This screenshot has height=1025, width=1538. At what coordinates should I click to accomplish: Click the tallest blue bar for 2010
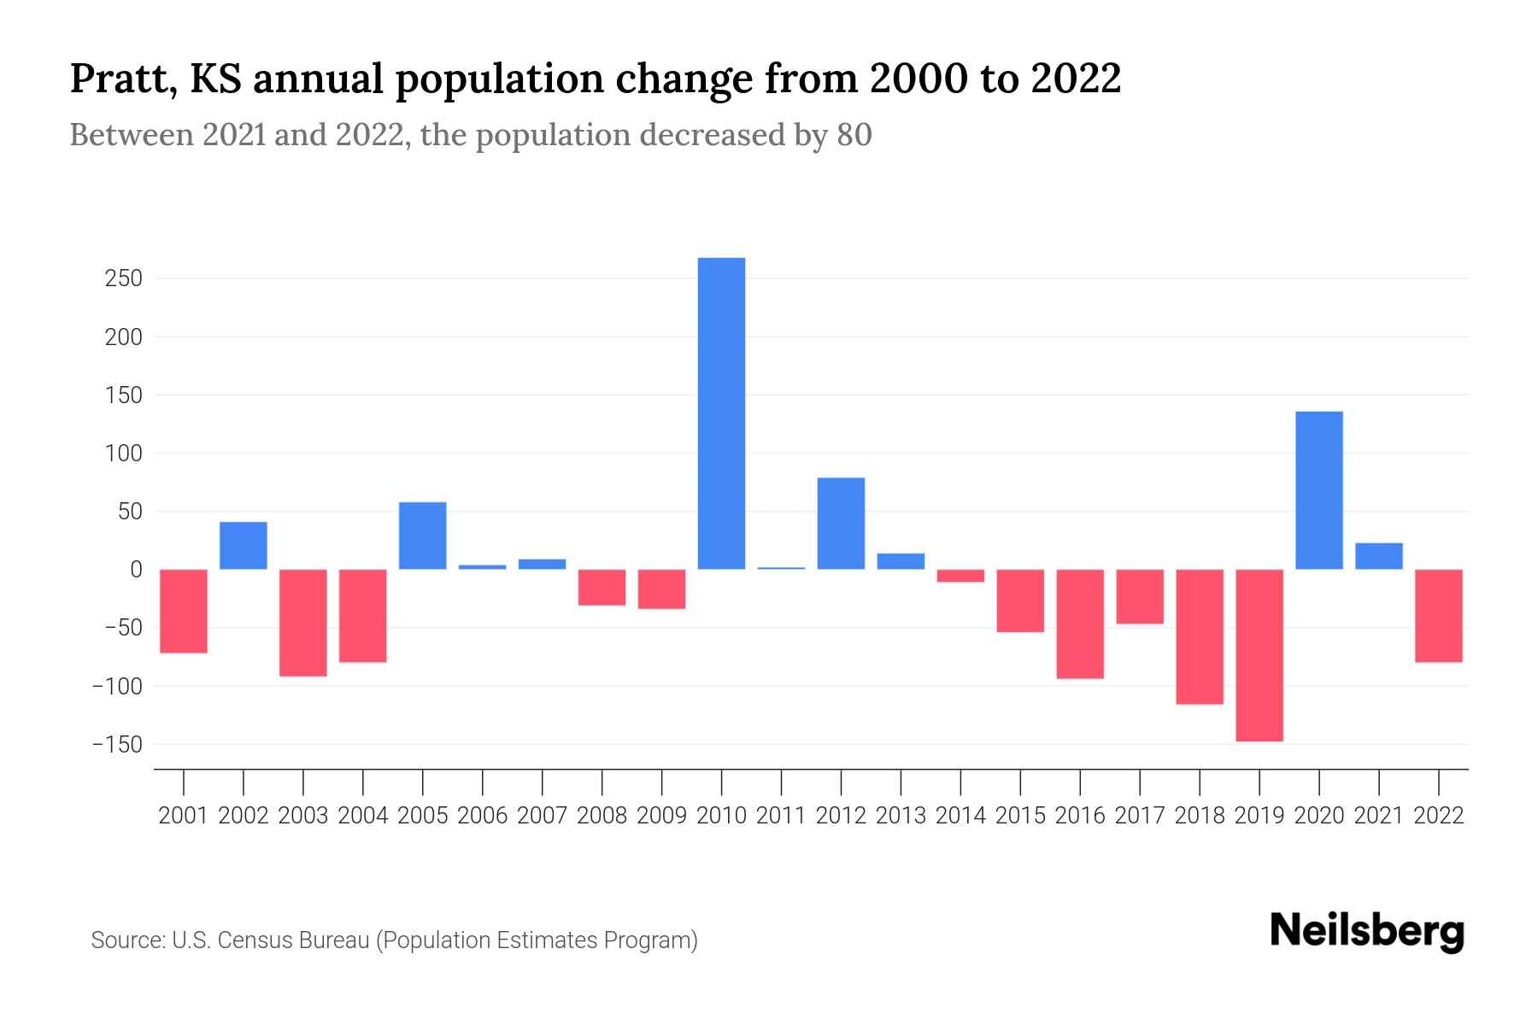pyautogui.click(x=721, y=413)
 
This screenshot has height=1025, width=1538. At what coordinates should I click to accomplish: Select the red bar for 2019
pyautogui.click(x=1259, y=655)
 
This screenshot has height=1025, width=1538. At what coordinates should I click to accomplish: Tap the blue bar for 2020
pyautogui.click(x=1319, y=490)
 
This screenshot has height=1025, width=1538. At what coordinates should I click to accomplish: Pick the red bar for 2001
pyautogui.click(x=184, y=611)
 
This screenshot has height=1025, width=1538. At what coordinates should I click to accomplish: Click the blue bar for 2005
pyautogui.click(x=423, y=536)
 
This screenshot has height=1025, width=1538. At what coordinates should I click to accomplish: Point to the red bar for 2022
pyautogui.click(x=1439, y=615)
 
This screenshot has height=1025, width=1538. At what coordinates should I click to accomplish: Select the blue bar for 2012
pyautogui.click(x=841, y=524)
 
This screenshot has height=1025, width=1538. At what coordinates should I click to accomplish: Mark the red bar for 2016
pyautogui.click(x=1080, y=624)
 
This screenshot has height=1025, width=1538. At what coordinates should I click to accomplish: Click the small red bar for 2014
pyautogui.click(x=960, y=576)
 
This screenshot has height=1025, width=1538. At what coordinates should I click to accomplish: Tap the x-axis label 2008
pyautogui.click(x=602, y=816)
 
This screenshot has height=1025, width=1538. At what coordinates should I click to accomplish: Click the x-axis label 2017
pyautogui.click(x=1140, y=816)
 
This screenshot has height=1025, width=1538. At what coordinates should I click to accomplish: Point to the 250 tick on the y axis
pyautogui.click(x=125, y=279)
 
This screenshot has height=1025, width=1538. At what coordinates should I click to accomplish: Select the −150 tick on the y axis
pyautogui.click(x=118, y=745)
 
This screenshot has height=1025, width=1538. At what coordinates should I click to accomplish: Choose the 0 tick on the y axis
pyautogui.click(x=136, y=570)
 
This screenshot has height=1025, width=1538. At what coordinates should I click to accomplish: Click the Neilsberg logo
pyautogui.click(x=1367, y=931)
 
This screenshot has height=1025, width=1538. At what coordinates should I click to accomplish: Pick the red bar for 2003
pyautogui.click(x=303, y=623)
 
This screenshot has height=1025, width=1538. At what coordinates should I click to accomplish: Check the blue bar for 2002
pyautogui.click(x=244, y=546)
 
